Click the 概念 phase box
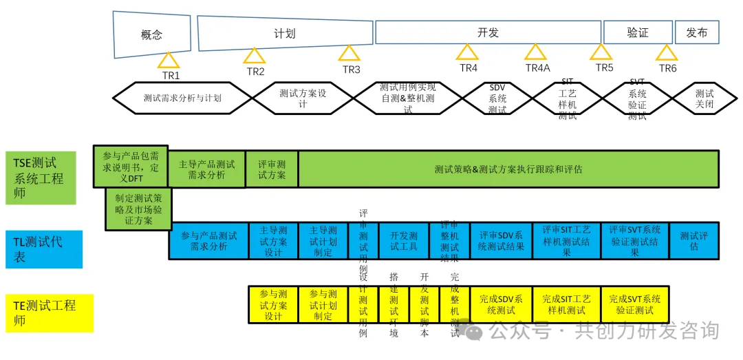[x=151, y=34]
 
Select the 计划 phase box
[x=284, y=33]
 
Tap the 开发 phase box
[x=488, y=32]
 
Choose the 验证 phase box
[x=638, y=32]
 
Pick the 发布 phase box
[x=697, y=32]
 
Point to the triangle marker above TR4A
[x=535, y=52]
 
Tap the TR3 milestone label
[x=351, y=70]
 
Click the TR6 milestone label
[x=667, y=69]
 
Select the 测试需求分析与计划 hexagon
[x=182, y=98]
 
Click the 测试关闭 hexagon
[x=704, y=98]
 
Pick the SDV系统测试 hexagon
[x=497, y=98]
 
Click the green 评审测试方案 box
[x=272, y=169]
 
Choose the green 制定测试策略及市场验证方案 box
[x=138, y=209]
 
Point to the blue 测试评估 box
[x=693, y=240]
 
